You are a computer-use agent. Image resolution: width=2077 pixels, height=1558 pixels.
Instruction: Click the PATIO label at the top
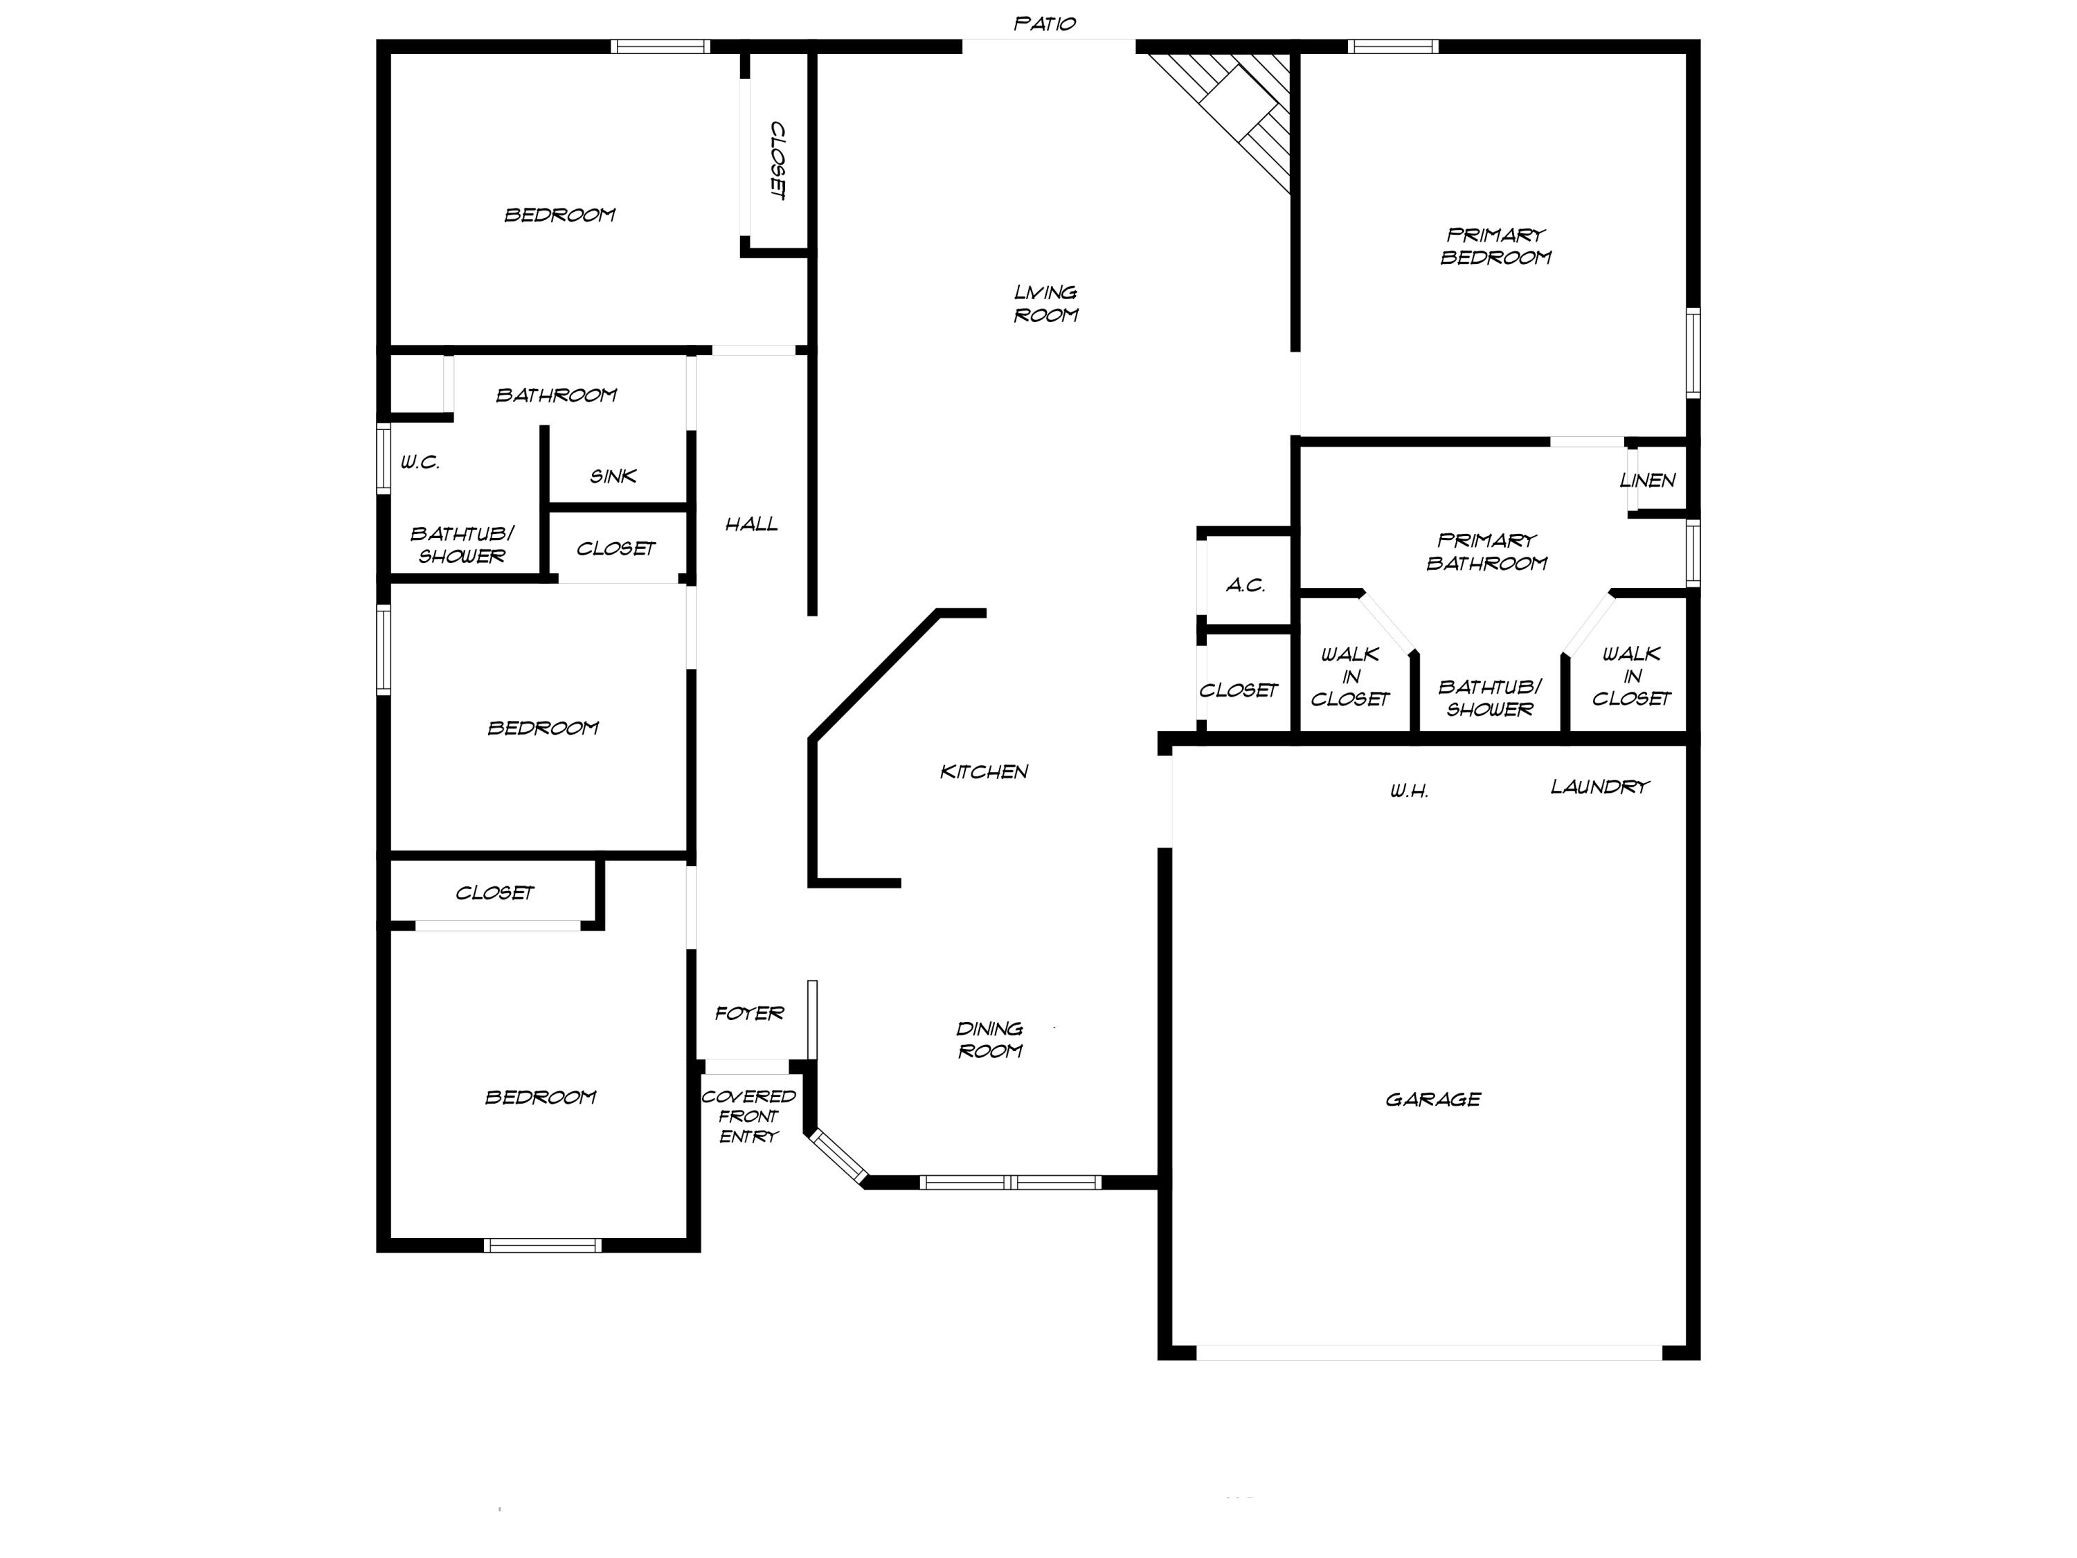click(x=1044, y=24)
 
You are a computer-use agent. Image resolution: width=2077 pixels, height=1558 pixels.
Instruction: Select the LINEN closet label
click(x=1647, y=480)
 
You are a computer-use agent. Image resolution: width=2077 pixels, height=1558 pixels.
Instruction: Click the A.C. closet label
click(x=1245, y=585)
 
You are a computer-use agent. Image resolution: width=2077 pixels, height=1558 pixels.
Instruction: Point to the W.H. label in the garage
click(x=1408, y=791)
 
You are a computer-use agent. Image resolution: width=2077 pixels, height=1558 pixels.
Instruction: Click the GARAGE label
click(x=1433, y=1099)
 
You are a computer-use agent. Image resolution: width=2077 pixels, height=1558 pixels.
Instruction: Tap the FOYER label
click(x=748, y=1012)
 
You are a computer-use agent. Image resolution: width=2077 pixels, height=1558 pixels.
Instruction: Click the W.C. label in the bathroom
click(x=420, y=461)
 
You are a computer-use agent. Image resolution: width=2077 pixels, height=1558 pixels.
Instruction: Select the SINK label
click(x=613, y=476)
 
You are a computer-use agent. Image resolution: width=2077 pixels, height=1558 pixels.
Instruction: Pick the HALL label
click(x=751, y=524)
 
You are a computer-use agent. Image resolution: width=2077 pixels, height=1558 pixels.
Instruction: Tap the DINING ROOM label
click(x=989, y=1039)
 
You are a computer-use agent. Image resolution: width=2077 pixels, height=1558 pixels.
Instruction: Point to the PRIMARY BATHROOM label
click(x=1486, y=551)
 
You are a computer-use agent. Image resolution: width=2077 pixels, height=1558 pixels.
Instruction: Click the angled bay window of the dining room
click(x=838, y=1157)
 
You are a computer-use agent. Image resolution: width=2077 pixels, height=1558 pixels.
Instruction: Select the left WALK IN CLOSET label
click(x=1349, y=676)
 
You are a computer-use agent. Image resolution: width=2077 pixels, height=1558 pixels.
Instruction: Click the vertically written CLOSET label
click(x=777, y=160)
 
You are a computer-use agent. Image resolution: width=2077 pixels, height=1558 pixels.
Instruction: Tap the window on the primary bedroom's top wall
click(x=1394, y=46)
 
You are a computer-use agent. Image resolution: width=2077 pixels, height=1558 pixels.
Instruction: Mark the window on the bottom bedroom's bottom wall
click(x=543, y=1245)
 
